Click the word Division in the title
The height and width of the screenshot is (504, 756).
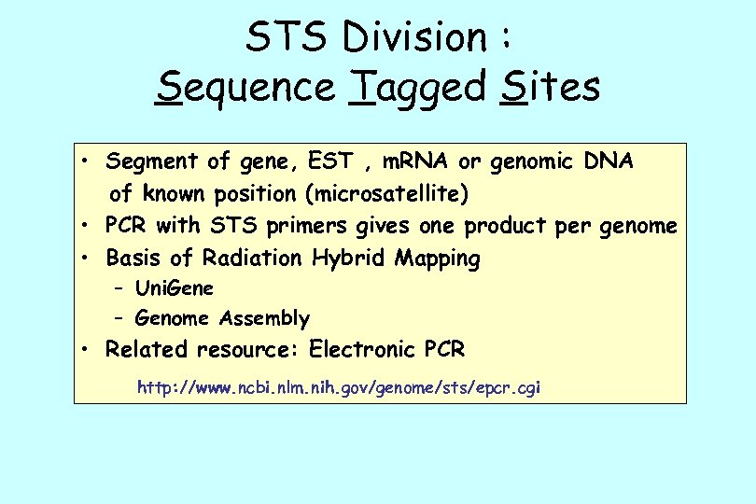click(x=415, y=38)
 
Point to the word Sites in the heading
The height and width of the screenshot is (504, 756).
click(x=550, y=88)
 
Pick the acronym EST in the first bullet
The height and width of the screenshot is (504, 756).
click(x=332, y=161)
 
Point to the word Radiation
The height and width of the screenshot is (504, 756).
click(x=253, y=258)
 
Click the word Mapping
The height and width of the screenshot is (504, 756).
click(x=438, y=259)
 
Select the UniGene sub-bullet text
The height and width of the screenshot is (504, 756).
click(x=175, y=288)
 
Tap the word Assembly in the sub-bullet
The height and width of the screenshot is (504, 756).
click(x=264, y=319)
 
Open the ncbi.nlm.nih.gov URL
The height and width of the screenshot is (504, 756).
click(x=340, y=386)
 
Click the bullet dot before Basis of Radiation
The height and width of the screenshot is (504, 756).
click(x=85, y=258)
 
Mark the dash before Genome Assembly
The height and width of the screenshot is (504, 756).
click(x=118, y=319)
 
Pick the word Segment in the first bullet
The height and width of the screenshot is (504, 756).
click(x=152, y=161)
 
